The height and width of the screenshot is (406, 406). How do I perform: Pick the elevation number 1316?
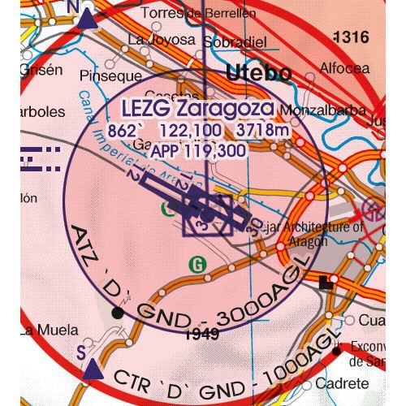click(x=351, y=37)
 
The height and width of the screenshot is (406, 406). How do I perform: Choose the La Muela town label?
click(x=50, y=330)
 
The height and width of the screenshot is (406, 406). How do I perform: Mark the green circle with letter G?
click(x=196, y=263)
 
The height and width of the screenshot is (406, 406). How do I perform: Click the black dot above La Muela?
click(x=120, y=312)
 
